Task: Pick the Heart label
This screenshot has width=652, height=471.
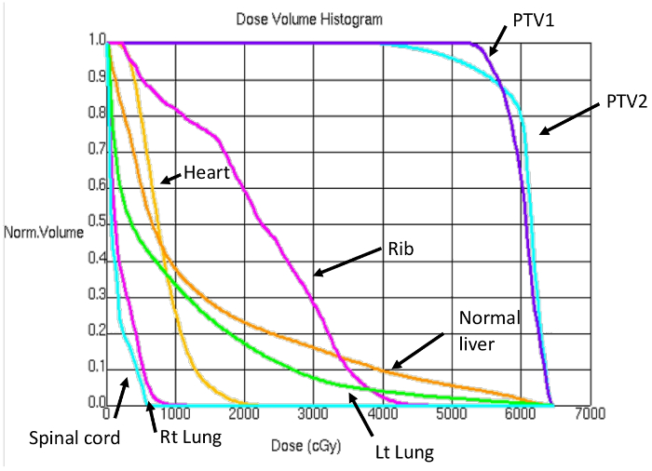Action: pos(207,171)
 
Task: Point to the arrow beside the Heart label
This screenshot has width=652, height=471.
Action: pos(170,178)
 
